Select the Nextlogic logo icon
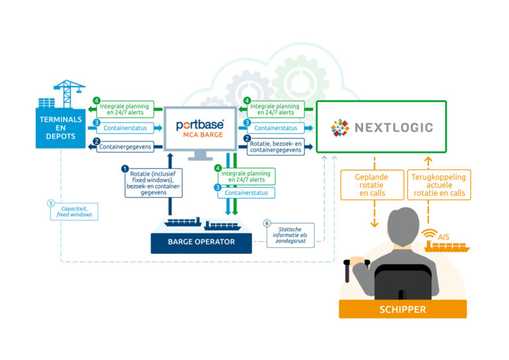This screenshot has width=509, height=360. click(x=340, y=127)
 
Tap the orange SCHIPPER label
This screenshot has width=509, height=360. click(x=402, y=309)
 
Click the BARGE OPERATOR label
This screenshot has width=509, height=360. click(x=202, y=242)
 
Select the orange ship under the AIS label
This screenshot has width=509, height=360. click(x=447, y=247)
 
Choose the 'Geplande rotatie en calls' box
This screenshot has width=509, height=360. click(x=370, y=185)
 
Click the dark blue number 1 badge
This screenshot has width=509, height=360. click(x=124, y=169)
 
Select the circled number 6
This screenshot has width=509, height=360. click(x=268, y=223)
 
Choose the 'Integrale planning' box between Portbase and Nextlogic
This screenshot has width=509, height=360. click(x=276, y=109)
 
